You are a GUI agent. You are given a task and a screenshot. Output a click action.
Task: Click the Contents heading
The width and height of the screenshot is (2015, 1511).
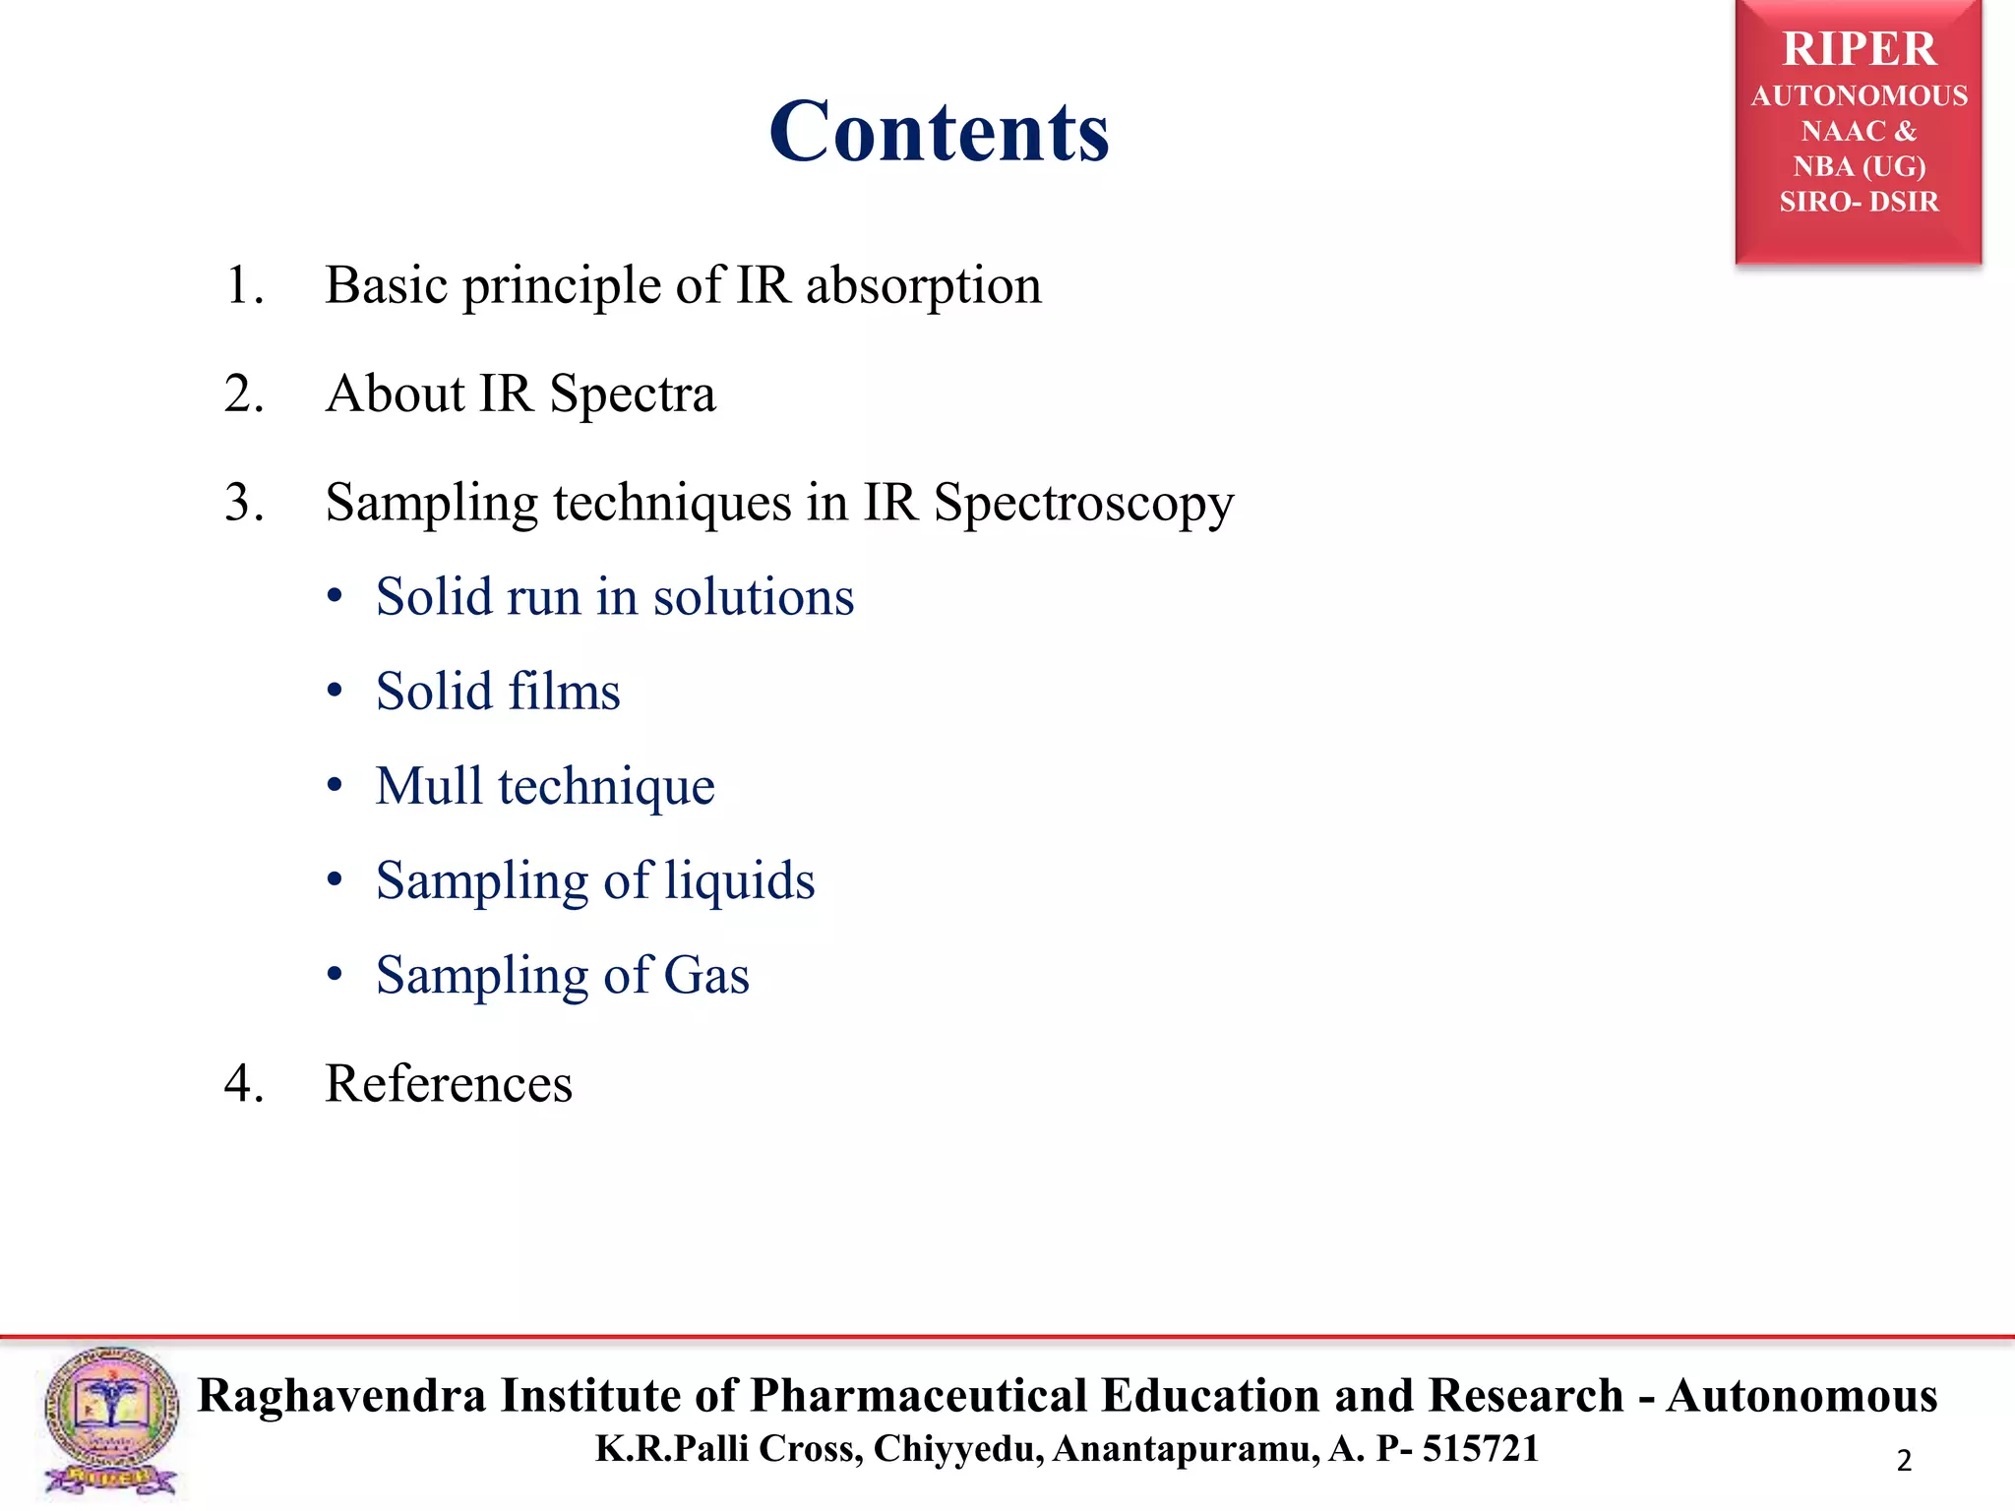tap(939, 132)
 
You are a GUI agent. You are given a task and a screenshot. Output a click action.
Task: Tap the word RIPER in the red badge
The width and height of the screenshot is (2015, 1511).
tap(1859, 49)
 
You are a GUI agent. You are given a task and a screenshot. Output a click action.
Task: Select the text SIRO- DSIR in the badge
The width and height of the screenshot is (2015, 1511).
tap(1859, 202)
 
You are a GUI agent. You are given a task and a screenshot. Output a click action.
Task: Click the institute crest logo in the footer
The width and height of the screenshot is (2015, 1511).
tap(110, 1420)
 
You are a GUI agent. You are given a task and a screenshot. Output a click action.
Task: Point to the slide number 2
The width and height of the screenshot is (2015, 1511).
tap(1904, 1460)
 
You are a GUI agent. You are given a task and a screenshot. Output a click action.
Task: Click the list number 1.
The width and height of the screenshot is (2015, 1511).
tap(243, 286)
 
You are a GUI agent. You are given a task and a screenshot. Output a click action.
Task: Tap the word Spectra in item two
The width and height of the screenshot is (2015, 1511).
tap(632, 393)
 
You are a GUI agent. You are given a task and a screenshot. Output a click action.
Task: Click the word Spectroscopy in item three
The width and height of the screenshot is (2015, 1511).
tap(1083, 503)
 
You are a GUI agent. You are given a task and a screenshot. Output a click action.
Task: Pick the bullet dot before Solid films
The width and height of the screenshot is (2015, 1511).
tap(335, 691)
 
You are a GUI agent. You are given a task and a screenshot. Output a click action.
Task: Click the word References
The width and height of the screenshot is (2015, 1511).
tap(449, 1084)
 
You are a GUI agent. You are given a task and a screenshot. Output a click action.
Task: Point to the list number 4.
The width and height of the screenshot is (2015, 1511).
tap(243, 1084)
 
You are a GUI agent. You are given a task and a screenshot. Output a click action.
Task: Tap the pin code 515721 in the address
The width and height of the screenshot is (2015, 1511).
tap(1480, 1448)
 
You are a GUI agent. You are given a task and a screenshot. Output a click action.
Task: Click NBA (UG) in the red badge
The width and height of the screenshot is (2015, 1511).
tap(1859, 166)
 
